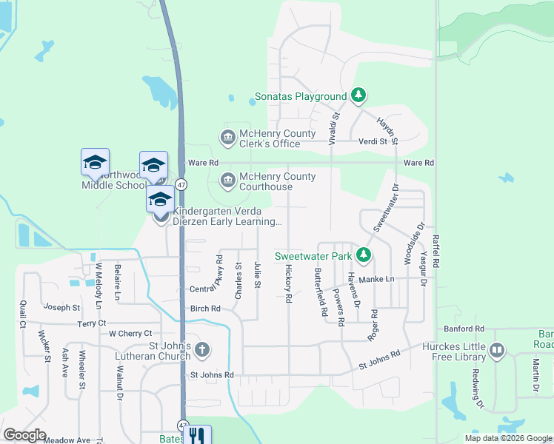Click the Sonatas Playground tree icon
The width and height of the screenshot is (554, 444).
point(358,95)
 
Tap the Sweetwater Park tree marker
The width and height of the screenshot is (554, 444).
point(363,256)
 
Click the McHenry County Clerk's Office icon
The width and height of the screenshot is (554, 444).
point(227,138)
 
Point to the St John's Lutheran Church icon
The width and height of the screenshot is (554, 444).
point(203,349)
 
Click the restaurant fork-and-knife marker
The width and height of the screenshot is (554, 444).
point(196,436)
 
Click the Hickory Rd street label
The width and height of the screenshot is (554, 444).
point(288,284)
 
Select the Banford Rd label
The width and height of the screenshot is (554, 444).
point(464,328)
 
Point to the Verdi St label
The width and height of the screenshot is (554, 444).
point(374,141)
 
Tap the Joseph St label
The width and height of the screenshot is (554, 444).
point(61,307)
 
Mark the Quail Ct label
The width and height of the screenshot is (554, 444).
point(23,314)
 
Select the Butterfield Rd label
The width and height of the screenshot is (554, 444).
point(320,292)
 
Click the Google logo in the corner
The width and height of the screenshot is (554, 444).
point(24,435)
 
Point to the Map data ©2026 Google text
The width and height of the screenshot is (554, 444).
point(507,438)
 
